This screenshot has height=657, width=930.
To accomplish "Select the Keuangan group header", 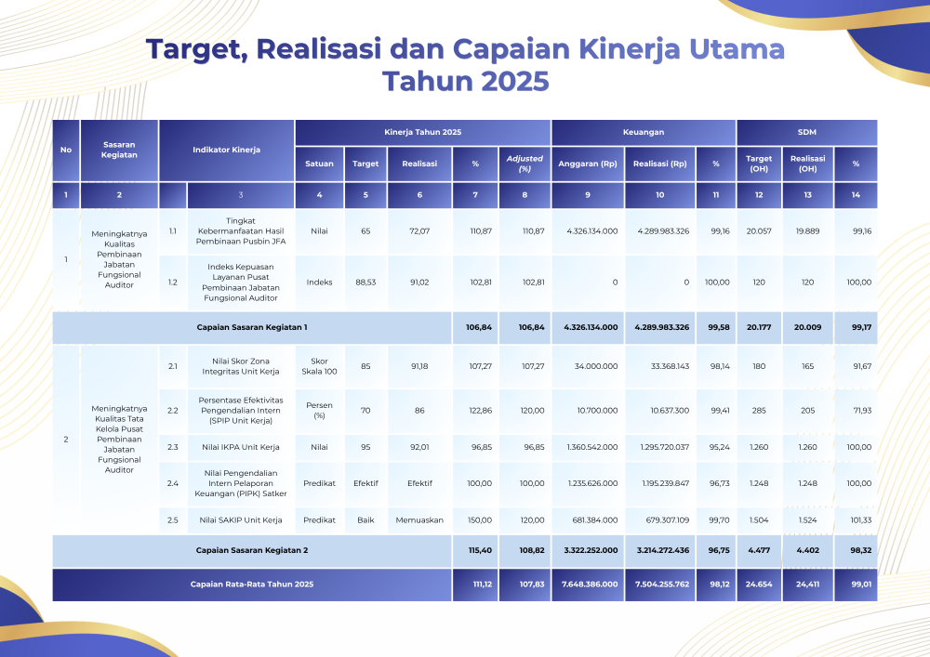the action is (643, 132).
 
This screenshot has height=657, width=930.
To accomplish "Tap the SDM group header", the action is (806, 132).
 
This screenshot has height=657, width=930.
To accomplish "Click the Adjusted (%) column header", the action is (525, 164).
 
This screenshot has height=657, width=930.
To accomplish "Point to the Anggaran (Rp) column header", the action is (587, 164).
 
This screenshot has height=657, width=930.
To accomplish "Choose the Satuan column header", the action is (319, 164).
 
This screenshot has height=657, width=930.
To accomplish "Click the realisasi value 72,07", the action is (419, 231).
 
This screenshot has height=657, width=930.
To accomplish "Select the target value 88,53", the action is (365, 283).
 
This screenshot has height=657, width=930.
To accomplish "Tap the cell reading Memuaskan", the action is (419, 520).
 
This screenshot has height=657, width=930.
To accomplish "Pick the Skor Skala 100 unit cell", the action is (319, 366).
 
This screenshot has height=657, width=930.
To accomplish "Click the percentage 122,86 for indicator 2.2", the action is (481, 411).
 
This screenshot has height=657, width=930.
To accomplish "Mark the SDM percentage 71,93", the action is (862, 411).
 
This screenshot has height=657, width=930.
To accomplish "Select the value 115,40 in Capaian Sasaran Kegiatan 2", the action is (480, 550).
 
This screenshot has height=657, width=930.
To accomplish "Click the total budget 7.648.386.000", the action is (590, 585).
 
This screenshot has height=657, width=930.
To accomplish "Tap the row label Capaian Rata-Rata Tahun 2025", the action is (252, 585).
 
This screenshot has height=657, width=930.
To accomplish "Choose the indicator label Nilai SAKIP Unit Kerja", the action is (241, 520).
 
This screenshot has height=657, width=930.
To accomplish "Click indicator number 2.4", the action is (173, 483).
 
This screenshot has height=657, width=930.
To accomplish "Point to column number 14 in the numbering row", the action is (856, 195).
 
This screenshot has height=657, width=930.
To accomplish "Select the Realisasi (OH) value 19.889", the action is (807, 231).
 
